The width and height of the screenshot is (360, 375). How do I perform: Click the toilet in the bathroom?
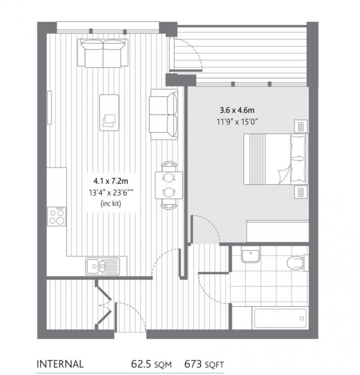coord(295,262)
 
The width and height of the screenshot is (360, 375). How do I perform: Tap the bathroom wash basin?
coord(251,255)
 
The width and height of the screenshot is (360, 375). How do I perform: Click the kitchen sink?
coord(102,266)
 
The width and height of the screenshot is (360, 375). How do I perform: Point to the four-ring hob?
coord(57,216)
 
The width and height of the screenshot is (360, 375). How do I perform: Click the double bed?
coord(275,159)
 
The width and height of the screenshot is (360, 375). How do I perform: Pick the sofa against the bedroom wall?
coord(163,114)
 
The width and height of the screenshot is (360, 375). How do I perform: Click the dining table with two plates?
coord(169,185)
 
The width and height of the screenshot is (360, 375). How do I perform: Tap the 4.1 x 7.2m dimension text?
coord(110,181)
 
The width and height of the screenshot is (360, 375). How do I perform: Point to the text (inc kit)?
coord(110,204)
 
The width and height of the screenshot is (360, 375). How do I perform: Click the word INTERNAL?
coord(60,364)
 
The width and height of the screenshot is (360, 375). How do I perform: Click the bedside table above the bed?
coord(301,126)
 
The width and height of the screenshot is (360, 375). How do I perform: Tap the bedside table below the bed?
coord(301,192)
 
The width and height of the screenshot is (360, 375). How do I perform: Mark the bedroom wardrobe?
coord(277,231)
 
